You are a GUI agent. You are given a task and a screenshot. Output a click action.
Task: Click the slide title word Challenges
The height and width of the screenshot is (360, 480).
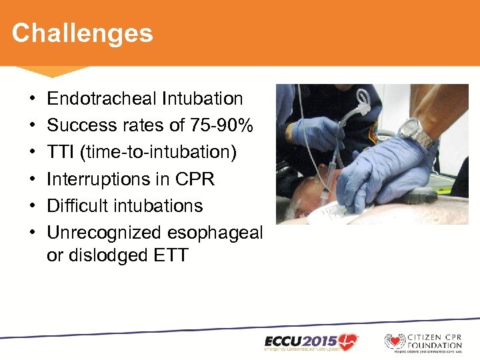82,33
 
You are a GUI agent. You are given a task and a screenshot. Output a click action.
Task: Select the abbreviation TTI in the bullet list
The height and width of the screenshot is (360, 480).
61,152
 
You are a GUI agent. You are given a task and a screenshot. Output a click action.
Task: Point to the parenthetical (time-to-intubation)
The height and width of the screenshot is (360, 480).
158,153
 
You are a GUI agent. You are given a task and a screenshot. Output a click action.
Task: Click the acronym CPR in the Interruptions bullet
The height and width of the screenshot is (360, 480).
191,179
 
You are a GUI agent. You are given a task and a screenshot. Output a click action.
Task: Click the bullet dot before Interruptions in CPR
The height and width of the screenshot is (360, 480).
33,180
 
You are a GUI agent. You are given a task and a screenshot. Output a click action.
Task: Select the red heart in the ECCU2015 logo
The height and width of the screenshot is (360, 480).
346,339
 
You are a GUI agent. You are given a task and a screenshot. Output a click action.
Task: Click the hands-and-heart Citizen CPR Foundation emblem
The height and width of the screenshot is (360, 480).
395,342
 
